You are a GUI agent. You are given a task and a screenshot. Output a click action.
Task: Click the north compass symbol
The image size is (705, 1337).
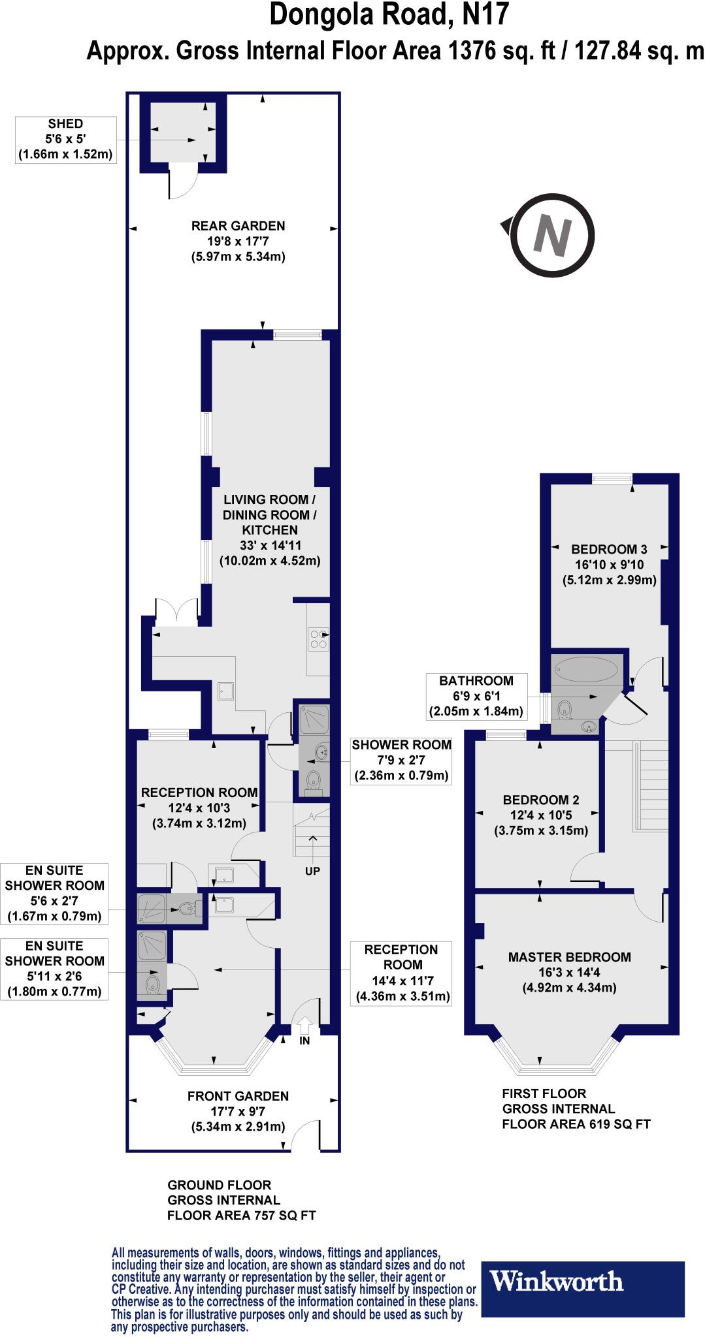(552, 236)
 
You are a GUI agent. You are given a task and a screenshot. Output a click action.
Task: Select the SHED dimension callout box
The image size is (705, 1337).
(65, 139)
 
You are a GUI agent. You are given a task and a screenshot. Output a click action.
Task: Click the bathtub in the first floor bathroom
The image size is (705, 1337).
(585, 669)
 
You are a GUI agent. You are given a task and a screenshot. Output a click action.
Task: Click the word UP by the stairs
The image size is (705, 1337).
(312, 870)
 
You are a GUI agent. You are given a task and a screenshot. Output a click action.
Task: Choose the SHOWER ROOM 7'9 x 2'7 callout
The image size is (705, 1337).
(401, 760)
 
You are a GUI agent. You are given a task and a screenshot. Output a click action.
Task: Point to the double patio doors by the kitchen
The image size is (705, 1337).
(176, 612)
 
